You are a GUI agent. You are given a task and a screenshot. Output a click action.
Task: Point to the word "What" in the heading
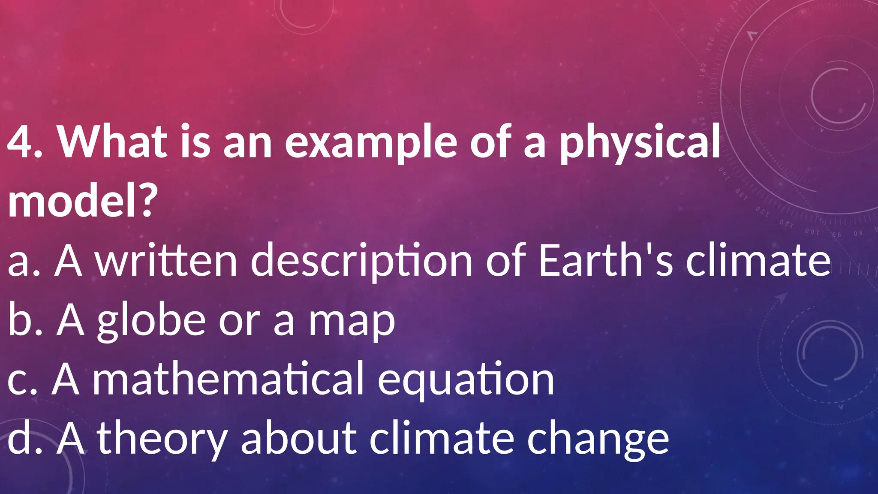coord(113,142)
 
